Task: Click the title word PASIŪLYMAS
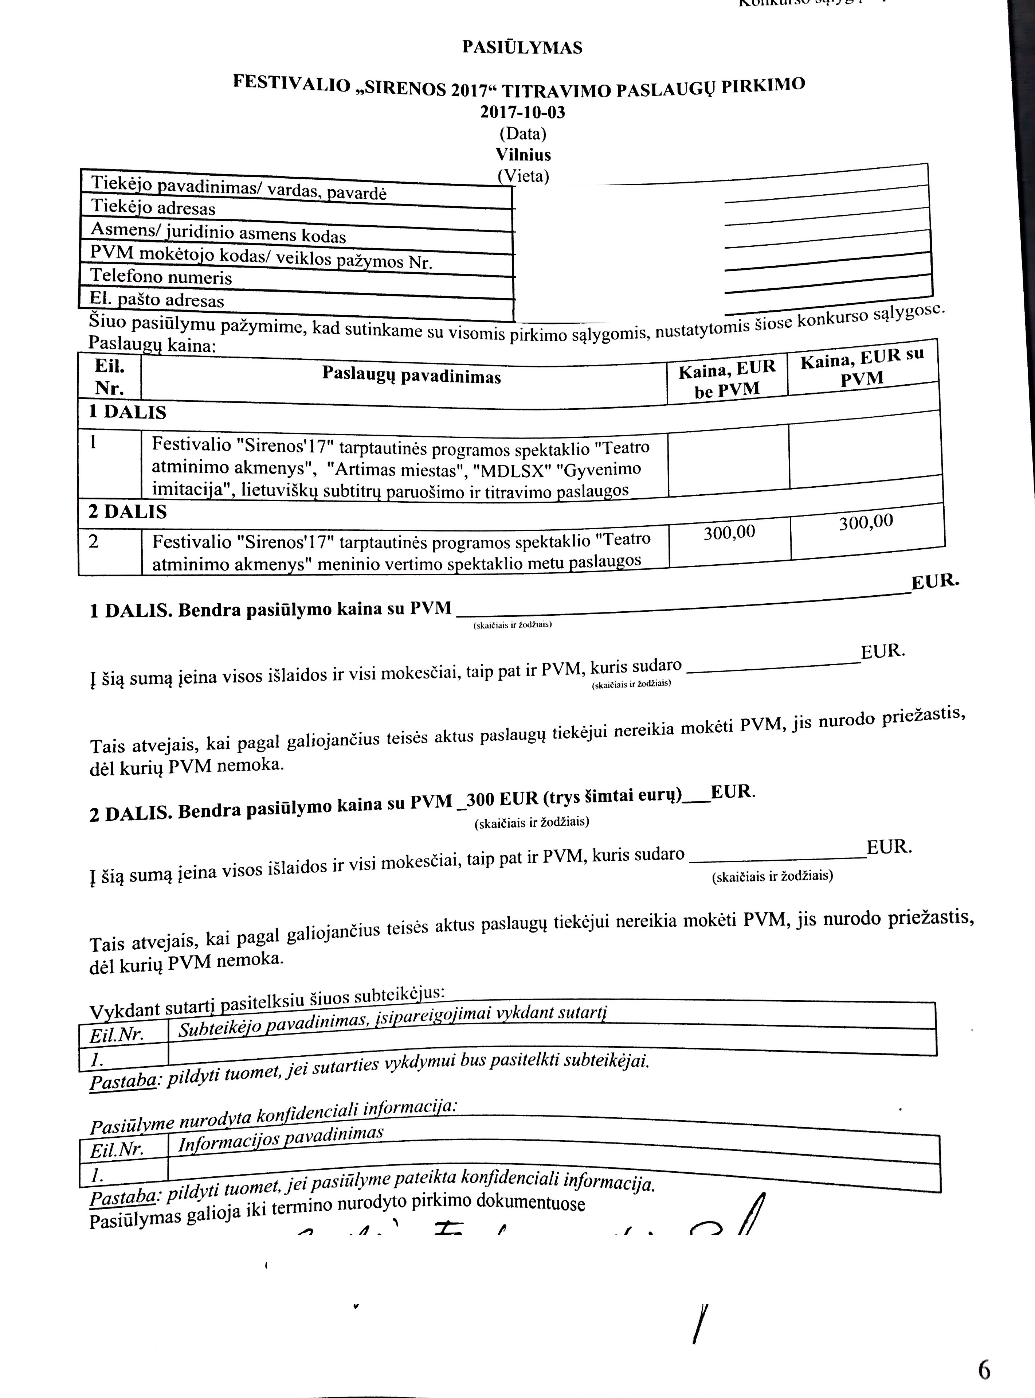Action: point(522,48)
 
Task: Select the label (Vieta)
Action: point(523,176)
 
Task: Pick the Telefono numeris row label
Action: point(161,276)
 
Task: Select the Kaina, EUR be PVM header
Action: point(727,380)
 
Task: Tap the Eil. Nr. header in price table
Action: point(110,377)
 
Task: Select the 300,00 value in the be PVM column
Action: point(729,533)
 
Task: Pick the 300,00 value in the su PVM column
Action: point(866,522)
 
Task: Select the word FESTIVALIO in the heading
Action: point(291,84)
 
